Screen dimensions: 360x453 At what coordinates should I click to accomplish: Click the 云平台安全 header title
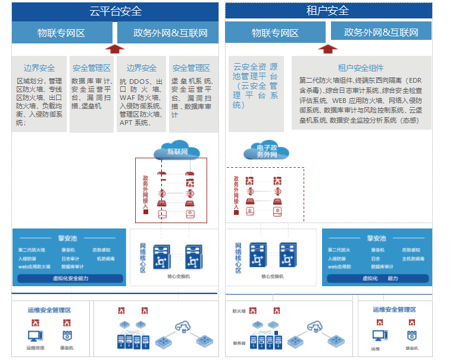(x=115, y=11)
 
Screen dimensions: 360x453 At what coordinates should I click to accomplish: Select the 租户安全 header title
(x=328, y=11)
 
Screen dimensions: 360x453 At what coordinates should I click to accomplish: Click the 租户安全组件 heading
(x=361, y=68)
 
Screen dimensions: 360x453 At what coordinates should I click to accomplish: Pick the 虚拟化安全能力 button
(x=70, y=278)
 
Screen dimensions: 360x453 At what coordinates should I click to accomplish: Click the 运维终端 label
(x=35, y=348)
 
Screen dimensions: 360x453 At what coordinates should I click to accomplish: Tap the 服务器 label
(x=239, y=343)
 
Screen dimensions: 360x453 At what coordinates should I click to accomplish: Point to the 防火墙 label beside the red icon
(x=238, y=311)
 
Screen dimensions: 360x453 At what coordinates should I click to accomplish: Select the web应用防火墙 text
(x=35, y=267)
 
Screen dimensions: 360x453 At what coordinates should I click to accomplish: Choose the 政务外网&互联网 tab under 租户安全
(x=381, y=32)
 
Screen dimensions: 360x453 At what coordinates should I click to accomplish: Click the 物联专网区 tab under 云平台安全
(x=61, y=33)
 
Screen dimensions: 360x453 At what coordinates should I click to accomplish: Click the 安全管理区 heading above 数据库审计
(x=91, y=68)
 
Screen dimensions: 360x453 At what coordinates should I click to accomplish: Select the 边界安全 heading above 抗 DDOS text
(x=142, y=68)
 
